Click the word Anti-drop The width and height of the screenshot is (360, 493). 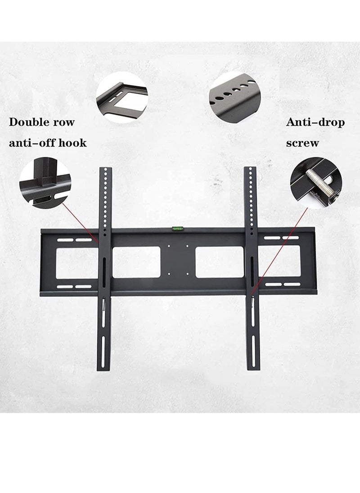[315, 122]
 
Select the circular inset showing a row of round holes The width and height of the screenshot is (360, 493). [234, 95]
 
